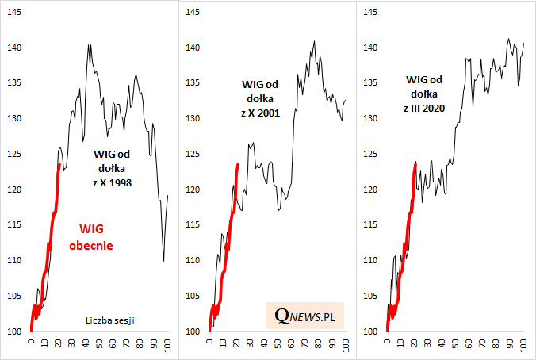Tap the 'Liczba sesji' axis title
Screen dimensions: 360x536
pyautogui.click(x=109, y=320)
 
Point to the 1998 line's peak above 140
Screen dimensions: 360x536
pyautogui.click(x=89, y=45)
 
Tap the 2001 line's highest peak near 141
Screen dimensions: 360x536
pyautogui.click(x=315, y=40)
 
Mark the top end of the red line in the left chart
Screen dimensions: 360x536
pyautogui.click(x=59, y=164)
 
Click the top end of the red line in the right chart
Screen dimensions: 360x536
pyautogui.click(x=415, y=163)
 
